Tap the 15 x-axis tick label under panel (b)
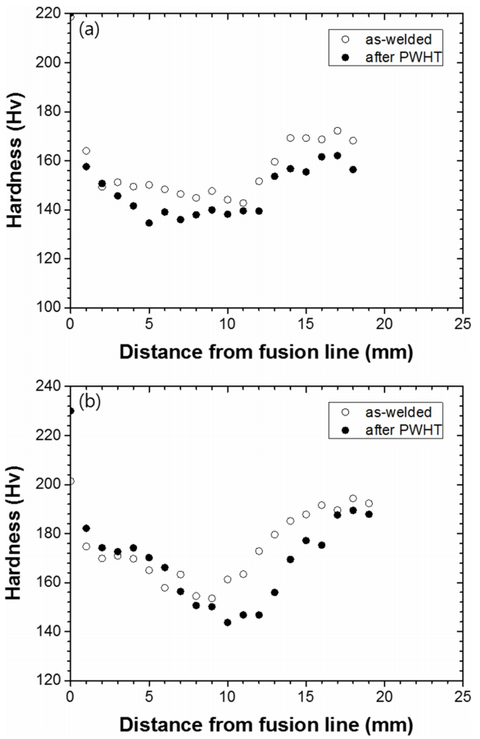pyautogui.click(x=305, y=697)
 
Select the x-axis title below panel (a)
pyautogui.click(x=266, y=353)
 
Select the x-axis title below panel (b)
pyautogui.click(x=266, y=725)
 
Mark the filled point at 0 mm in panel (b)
pyautogui.click(x=71, y=411)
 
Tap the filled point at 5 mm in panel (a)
pyautogui.click(x=149, y=223)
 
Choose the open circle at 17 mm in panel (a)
pyautogui.click(x=337, y=131)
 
